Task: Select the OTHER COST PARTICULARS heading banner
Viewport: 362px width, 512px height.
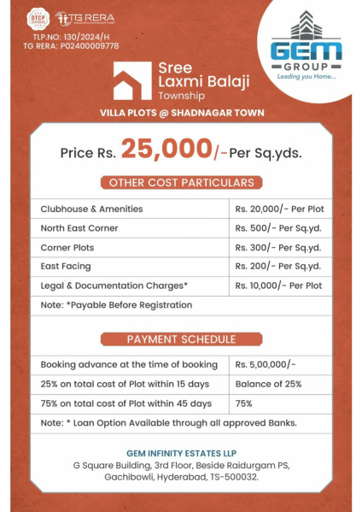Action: tap(180, 182)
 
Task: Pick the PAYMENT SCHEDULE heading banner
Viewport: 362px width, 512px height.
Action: tap(180, 339)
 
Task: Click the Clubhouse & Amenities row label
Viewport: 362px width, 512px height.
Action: tap(91, 209)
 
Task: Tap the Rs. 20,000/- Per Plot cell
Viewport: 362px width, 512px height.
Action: tap(279, 209)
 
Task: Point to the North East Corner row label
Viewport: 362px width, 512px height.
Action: tap(79, 228)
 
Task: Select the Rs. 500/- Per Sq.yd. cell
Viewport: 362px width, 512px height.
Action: tap(278, 228)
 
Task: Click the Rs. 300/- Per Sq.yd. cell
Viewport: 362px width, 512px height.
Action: tap(278, 247)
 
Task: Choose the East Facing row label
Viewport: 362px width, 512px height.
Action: tap(66, 267)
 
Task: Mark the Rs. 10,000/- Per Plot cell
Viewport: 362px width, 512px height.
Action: tap(279, 285)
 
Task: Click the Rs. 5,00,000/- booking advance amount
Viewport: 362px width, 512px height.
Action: tap(266, 365)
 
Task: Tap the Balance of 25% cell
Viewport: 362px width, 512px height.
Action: tap(268, 384)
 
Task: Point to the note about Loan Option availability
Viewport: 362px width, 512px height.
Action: tap(168, 422)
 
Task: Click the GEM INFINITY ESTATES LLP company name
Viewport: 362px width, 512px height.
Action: tap(180, 452)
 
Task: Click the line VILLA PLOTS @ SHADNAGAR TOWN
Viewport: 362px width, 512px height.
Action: tap(181, 113)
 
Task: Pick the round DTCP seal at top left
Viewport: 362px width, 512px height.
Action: tap(37, 18)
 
